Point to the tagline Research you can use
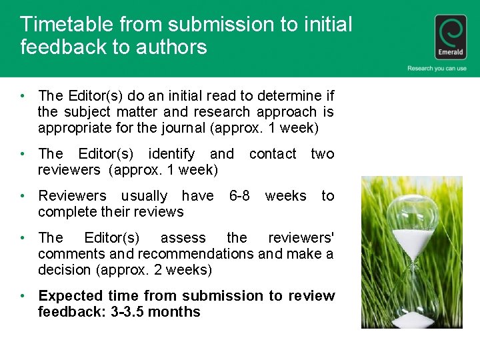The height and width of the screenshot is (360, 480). click(x=437, y=69)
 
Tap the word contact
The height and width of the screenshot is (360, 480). click(x=272, y=154)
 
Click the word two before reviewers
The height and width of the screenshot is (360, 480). click(x=322, y=154)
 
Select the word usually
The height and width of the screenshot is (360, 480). click(x=144, y=196)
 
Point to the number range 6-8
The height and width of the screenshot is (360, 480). click(x=239, y=196)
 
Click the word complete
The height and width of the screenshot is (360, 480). click(x=64, y=212)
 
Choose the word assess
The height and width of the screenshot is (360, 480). click(x=183, y=238)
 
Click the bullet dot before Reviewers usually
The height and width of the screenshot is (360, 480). click(x=23, y=196)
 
